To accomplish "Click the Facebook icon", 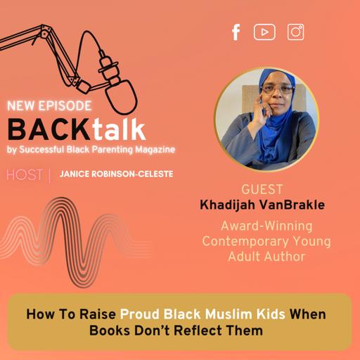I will coord(236,32).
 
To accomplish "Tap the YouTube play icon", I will coord(264,32).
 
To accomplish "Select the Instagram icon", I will coord(296,32).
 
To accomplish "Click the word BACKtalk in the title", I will coord(77,129).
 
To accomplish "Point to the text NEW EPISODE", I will coord(49,107).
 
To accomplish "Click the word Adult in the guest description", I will coord(247,257).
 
